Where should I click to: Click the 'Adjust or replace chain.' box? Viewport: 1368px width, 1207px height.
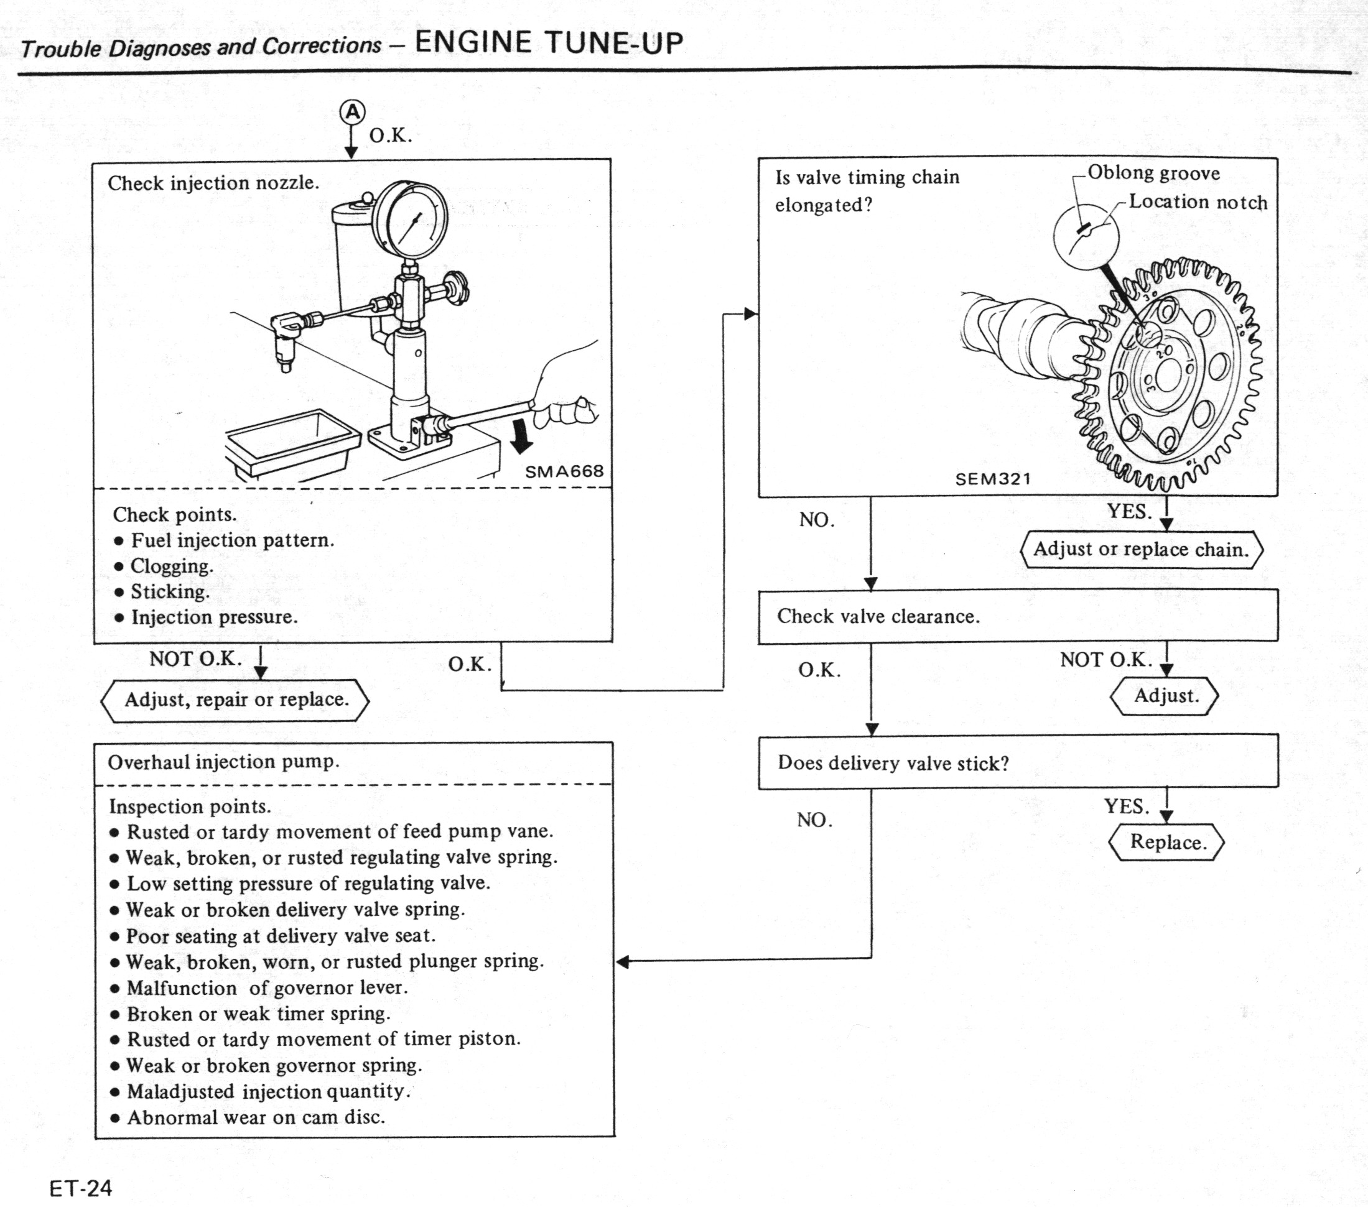1141,550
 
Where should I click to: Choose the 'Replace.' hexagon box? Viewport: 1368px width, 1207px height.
1167,843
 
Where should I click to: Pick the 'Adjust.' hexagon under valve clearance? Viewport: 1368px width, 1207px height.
1165,696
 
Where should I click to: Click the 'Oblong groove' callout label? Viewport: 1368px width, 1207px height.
1153,173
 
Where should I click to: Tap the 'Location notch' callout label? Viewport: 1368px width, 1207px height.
1198,202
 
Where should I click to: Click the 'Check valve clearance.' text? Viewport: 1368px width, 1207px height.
878,617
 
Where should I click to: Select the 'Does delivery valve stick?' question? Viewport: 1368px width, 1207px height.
893,764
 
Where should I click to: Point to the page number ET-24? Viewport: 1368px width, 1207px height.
81,1188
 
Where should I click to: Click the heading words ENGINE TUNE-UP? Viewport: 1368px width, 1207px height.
549,43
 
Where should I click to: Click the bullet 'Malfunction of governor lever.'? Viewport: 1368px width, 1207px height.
266,988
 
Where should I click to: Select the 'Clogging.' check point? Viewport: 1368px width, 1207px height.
171,566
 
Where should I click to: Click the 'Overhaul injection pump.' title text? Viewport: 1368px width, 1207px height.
223,762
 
